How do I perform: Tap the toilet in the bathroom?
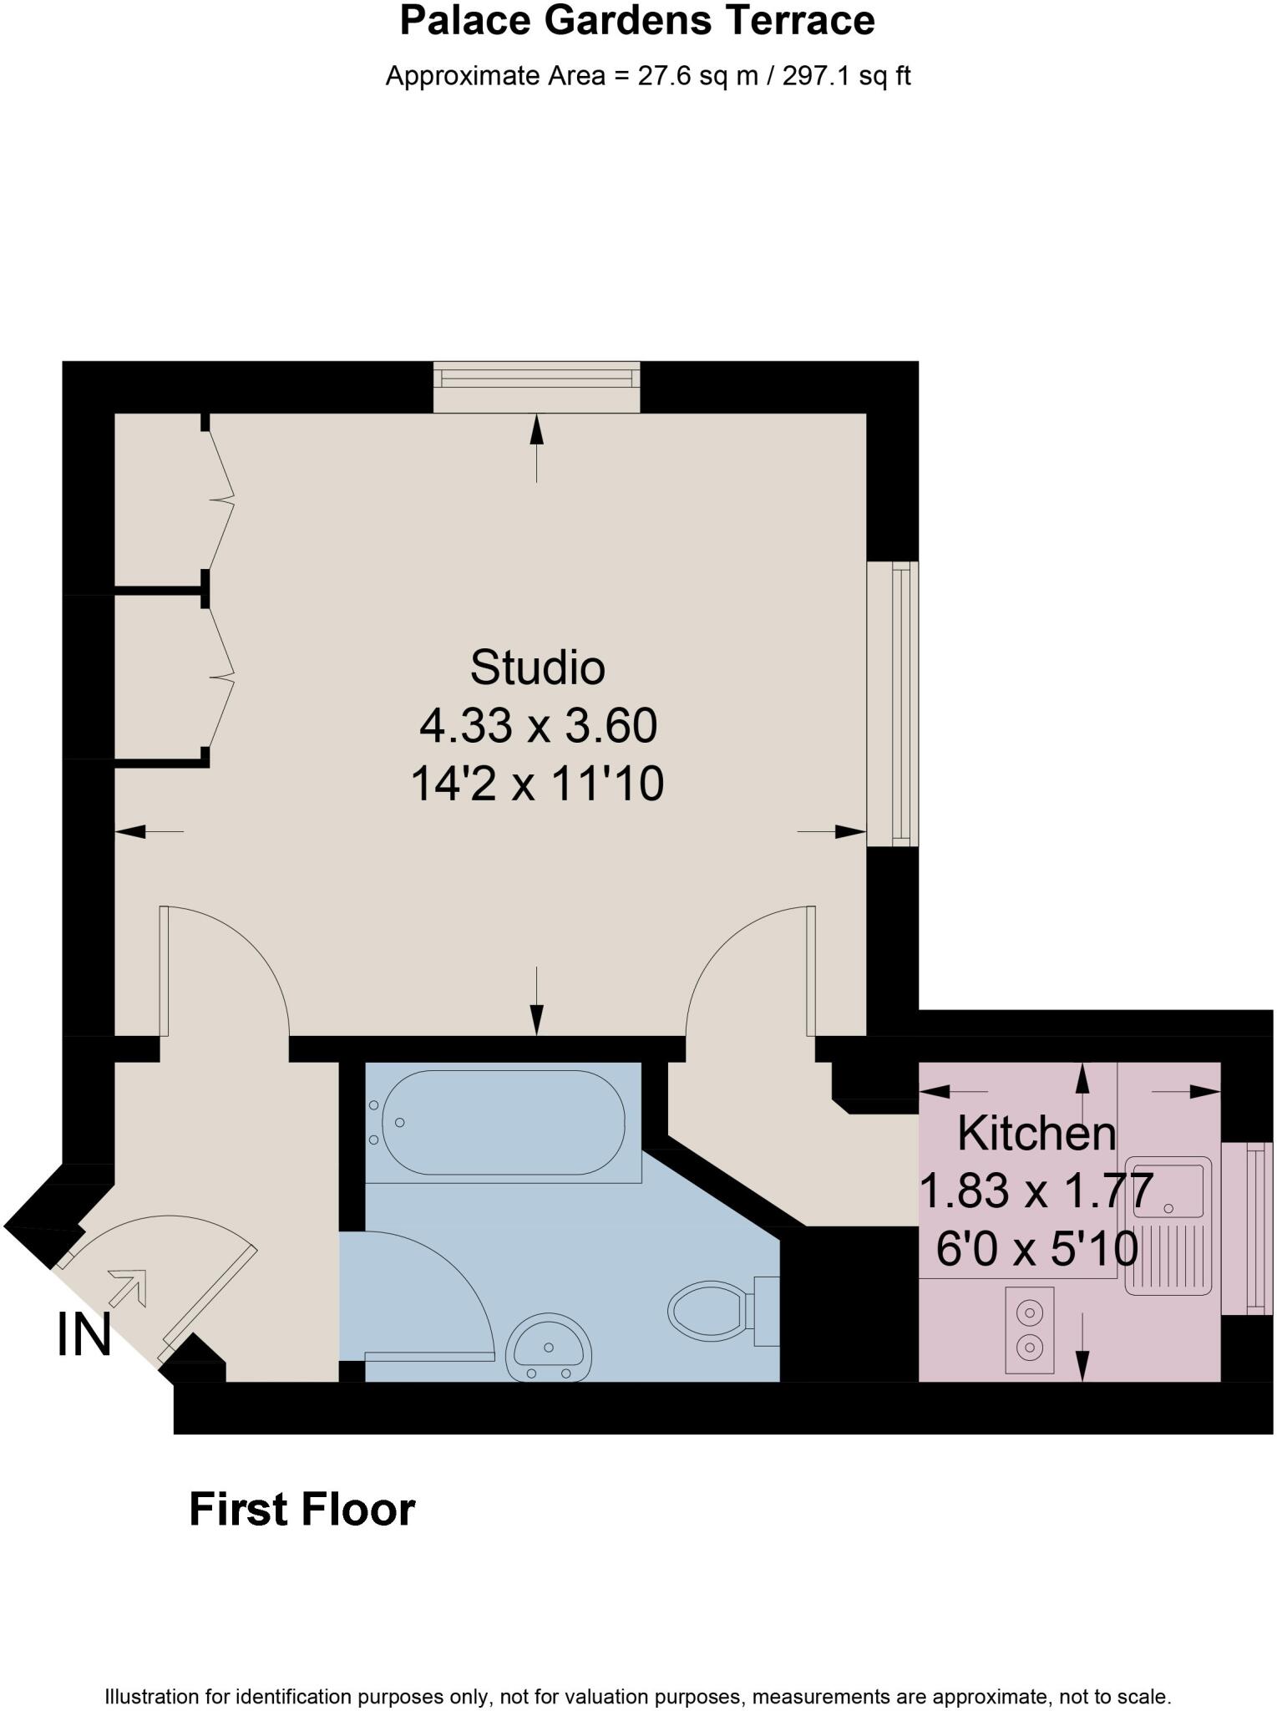710,1311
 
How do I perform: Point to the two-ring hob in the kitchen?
1029,1330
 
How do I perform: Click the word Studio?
537,668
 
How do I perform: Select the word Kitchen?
1036,1134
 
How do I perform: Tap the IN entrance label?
84,1334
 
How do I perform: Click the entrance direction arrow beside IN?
128,1288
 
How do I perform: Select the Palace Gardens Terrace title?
637,21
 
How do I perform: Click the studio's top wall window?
536,386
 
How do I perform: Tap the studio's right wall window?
894,703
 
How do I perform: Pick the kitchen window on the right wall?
1248,1227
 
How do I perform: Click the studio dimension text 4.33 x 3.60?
538,725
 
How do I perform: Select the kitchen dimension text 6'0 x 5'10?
1036,1250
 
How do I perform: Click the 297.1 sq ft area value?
845,76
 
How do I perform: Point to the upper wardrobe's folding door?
220,500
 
